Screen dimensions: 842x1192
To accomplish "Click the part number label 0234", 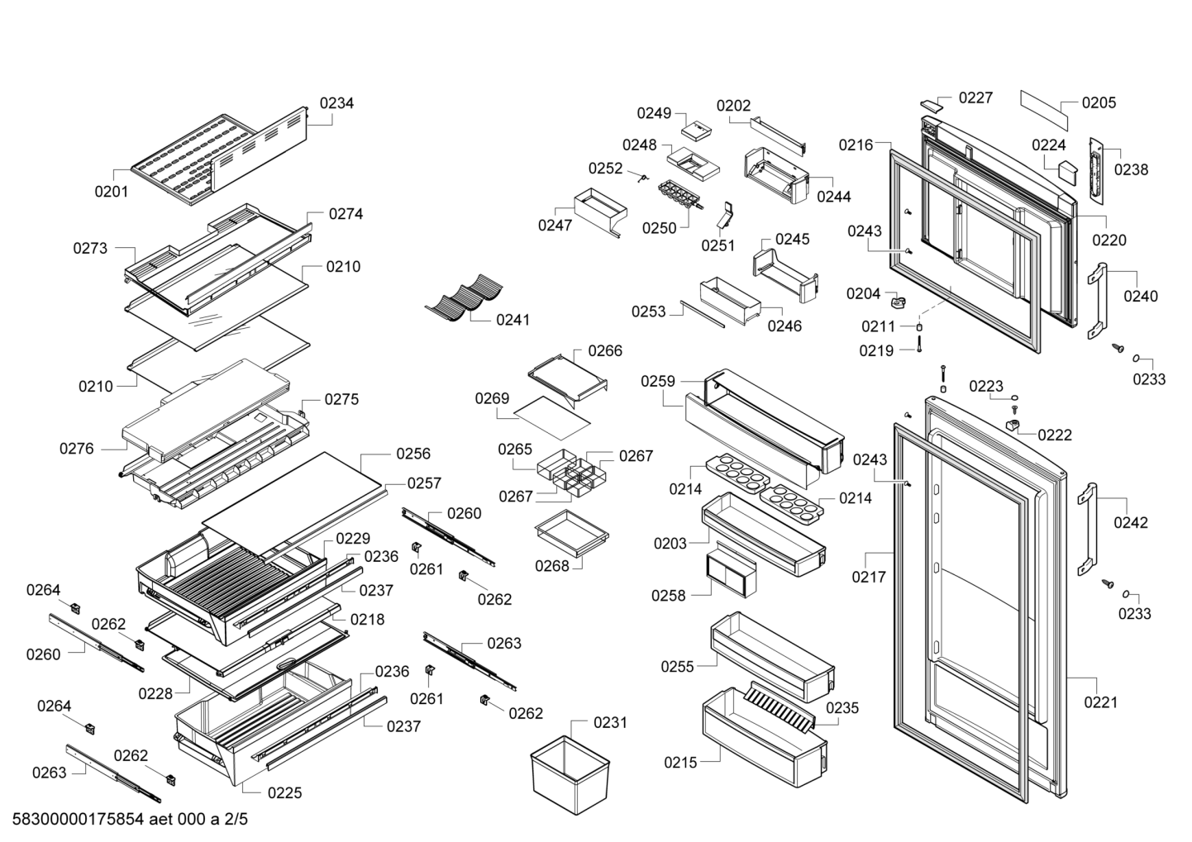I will point(336,103).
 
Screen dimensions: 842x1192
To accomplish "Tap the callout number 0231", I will point(610,723).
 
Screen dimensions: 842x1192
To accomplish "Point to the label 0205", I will point(1099,102).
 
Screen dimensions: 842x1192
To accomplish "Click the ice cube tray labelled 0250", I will point(681,196).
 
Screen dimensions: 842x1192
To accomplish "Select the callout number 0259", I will point(658,381).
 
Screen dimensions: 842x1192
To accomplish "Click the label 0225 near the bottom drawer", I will point(284,793).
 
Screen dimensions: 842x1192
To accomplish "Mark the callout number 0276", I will point(76,449).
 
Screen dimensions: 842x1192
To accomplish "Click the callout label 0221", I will point(1100,702).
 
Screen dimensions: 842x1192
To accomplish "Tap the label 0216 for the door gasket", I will point(856,145).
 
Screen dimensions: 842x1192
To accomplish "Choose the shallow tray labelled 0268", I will point(570,530).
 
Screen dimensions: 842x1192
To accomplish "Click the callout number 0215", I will point(680,763).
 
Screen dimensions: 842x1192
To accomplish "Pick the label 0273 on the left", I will point(90,248).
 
